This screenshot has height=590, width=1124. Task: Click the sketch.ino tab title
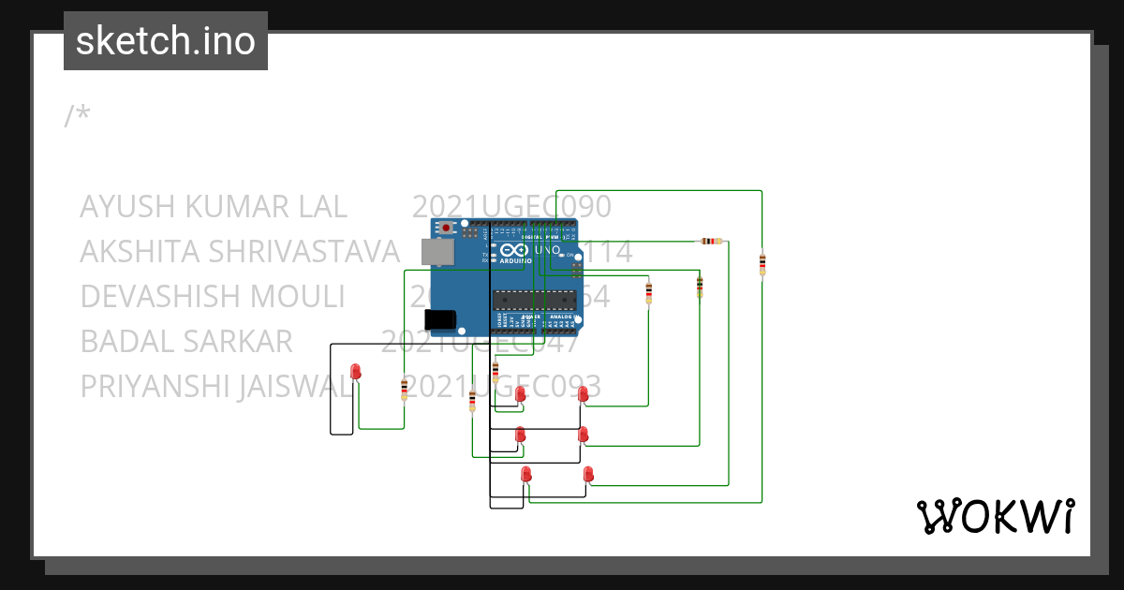pos(166,41)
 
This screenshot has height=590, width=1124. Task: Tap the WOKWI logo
pos(994,516)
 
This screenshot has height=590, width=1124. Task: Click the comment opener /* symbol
pos(78,116)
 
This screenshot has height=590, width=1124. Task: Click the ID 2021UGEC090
pos(511,206)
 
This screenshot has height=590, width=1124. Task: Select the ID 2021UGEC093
pos(501,386)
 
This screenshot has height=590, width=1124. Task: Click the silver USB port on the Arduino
pos(434,250)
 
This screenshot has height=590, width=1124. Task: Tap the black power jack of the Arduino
pos(439,319)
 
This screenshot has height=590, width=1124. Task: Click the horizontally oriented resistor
pos(712,241)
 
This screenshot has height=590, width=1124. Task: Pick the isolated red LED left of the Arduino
pos(355,373)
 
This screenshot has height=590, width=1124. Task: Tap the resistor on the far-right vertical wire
pos(762,264)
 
